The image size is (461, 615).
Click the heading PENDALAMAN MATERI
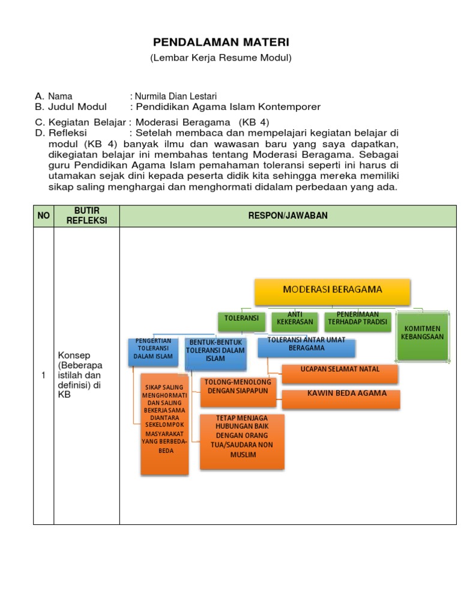point(221,42)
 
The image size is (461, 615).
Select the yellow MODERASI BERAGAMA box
point(333,291)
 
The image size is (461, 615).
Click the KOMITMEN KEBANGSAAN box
point(423,336)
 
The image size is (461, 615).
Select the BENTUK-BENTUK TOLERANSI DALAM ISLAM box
point(215,353)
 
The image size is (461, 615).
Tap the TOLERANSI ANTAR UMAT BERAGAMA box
point(306,347)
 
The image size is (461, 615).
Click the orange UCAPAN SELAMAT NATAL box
point(340,372)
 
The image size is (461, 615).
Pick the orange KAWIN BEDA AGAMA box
point(340,397)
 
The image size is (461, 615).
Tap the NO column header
point(43,216)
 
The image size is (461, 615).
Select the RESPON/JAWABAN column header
point(288,216)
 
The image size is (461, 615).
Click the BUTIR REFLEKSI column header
point(86,216)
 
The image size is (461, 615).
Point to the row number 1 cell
point(43,375)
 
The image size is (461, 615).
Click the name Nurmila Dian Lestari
point(175,96)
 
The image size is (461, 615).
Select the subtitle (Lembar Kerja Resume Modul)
point(220,58)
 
